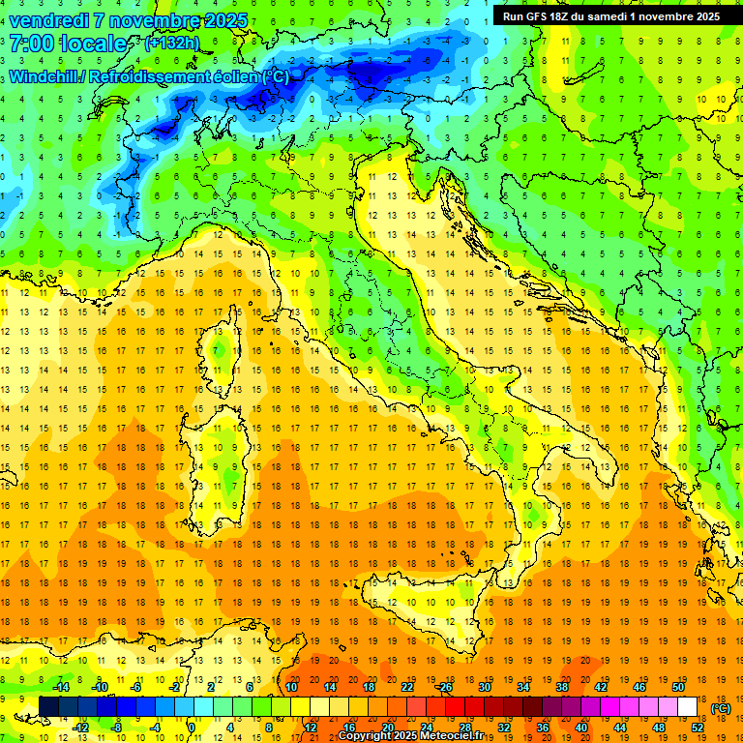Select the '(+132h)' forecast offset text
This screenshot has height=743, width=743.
point(171,44)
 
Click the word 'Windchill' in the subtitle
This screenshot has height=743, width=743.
point(47,76)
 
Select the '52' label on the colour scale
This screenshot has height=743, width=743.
point(698,727)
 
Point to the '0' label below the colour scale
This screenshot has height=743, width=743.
point(192,727)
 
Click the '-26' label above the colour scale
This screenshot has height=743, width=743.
point(444,687)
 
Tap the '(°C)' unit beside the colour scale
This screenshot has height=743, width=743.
point(721,708)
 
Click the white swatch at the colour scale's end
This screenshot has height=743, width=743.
point(688,707)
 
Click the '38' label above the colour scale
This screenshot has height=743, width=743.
point(561,687)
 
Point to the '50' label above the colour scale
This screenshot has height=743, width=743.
point(678,687)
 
